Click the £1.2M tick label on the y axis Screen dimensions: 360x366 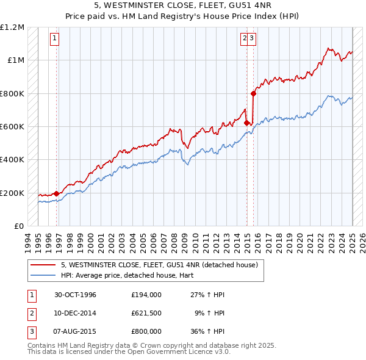12,27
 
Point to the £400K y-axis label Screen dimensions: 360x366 12,159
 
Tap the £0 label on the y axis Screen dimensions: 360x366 18,226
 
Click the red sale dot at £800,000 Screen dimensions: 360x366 253,93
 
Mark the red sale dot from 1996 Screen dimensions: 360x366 57,194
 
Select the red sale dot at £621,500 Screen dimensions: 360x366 247,123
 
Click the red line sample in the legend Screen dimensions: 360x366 44,265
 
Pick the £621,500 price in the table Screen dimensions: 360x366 146,313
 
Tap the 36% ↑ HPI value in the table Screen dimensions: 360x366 207,331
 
